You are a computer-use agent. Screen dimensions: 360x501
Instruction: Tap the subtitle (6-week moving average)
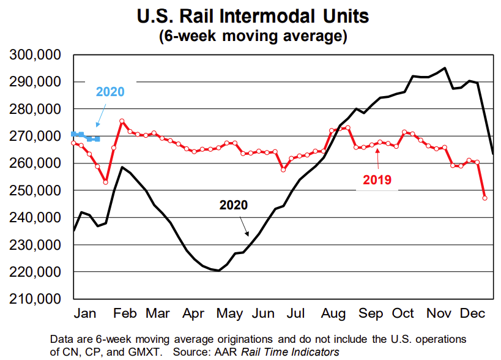click(x=253, y=36)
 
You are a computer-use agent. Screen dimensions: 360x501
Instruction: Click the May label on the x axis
click(x=230, y=313)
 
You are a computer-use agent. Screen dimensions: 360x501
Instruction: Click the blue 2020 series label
click(x=110, y=92)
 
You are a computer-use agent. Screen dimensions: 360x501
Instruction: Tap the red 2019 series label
click(x=377, y=180)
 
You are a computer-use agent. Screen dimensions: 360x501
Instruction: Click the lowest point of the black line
click(x=219, y=271)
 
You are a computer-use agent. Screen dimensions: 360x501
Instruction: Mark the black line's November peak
click(x=445, y=68)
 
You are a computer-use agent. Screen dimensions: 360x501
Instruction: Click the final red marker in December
click(x=484, y=198)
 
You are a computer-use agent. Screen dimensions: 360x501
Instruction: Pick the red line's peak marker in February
click(x=122, y=121)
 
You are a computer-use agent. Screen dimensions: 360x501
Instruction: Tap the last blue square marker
click(x=97, y=139)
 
